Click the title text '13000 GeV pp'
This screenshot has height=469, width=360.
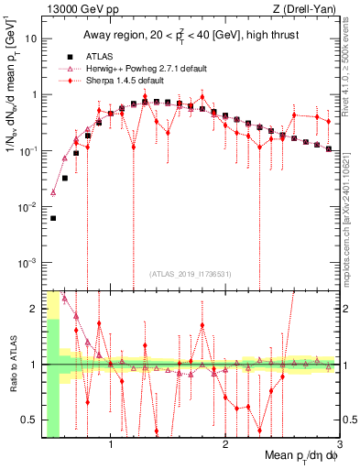pos(72,8)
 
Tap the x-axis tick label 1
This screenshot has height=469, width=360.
pos(111,446)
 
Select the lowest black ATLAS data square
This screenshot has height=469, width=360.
pos(53,218)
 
